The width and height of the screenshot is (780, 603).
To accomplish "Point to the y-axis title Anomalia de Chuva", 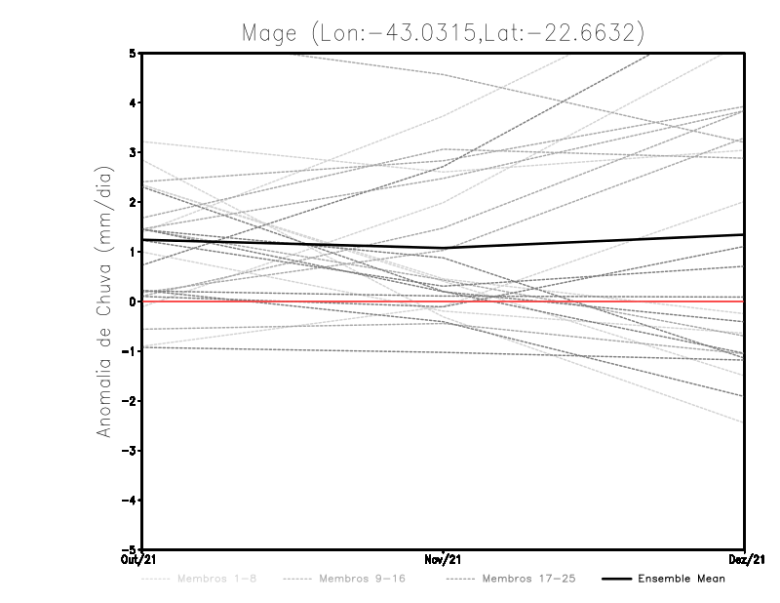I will (104, 303).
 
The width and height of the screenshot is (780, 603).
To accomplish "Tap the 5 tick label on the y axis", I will (133, 53).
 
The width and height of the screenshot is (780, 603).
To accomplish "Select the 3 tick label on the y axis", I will (133, 152).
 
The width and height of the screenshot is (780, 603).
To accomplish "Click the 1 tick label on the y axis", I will (133, 252).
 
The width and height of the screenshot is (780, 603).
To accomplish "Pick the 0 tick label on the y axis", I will (133, 301).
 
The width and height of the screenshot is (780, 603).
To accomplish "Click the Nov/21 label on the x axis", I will (444, 559).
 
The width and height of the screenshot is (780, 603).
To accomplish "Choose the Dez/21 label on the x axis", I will (745, 559).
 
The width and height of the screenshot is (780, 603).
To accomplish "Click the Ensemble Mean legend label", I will (682, 579).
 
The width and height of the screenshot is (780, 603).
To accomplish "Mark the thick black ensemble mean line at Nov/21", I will (444, 248).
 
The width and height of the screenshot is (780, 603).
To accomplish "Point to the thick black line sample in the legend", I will (615, 579).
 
